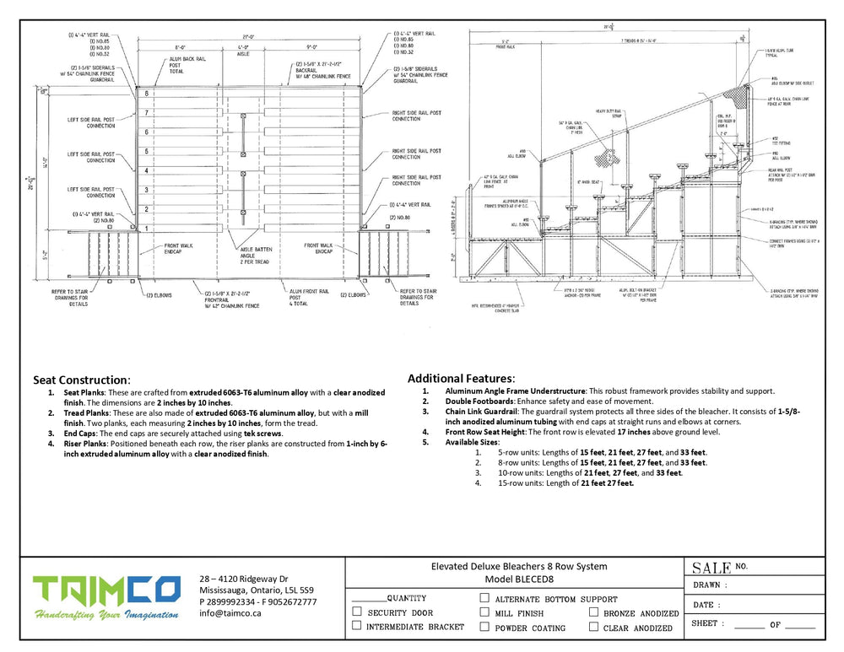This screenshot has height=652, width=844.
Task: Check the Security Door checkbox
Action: [x=357, y=612]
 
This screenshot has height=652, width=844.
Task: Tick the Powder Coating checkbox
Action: [x=484, y=627]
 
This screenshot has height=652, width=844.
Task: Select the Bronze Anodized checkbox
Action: [x=594, y=612]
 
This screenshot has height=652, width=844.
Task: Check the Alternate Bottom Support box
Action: [x=484, y=597]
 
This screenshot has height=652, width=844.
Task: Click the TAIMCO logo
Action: [x=106, y=597]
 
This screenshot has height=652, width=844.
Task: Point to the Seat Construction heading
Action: [x=81, y=380]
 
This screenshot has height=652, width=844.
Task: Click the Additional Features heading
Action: [x=461, y=379]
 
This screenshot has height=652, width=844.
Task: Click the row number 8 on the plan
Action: [x=146, y=93]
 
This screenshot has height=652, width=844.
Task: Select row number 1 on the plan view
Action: [x=146, y=228]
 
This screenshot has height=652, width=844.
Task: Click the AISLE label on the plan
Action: [x=243, y=52]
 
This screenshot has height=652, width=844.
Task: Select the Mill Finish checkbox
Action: [x=484, y=612]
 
